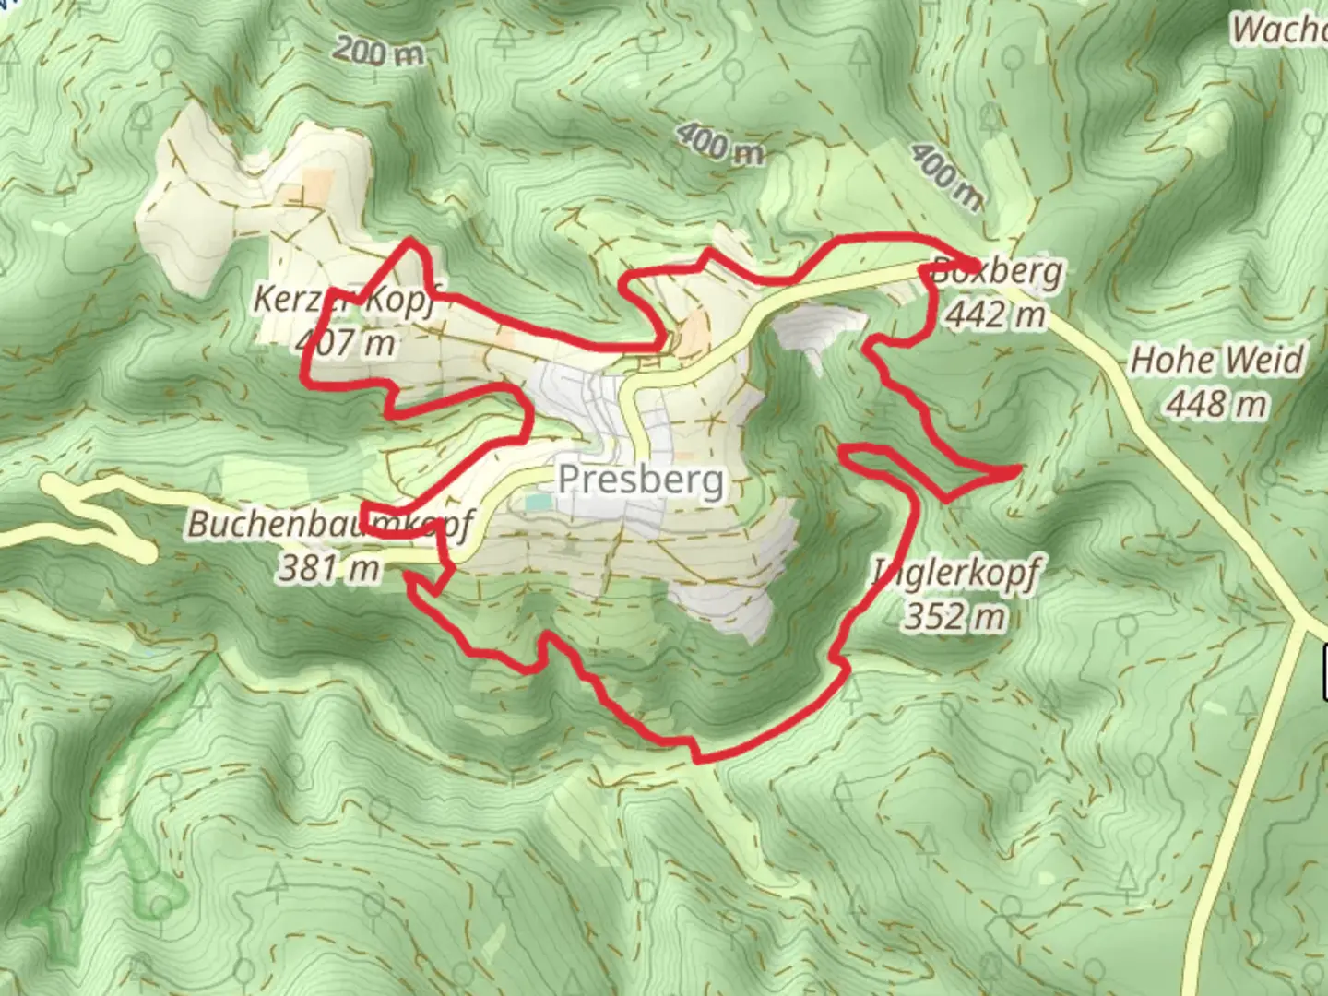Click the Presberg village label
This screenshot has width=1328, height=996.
(x=641, y=480)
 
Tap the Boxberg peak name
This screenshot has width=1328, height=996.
(x=996, y=273)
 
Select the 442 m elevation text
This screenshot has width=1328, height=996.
(x=996, y=315)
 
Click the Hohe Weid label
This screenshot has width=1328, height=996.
(x=1216, y=361)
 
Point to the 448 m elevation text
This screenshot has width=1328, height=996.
(x=1216, y=404)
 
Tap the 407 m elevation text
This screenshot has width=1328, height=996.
(x=346, y=342)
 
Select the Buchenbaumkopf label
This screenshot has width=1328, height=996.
(x=329, y=524)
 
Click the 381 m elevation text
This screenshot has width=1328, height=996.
(x=329, y=568)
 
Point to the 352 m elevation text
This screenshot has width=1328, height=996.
(x=954, y=616)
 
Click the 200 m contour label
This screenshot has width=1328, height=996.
(x=378, y=51)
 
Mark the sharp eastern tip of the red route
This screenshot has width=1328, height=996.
(x=1017, y=471)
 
